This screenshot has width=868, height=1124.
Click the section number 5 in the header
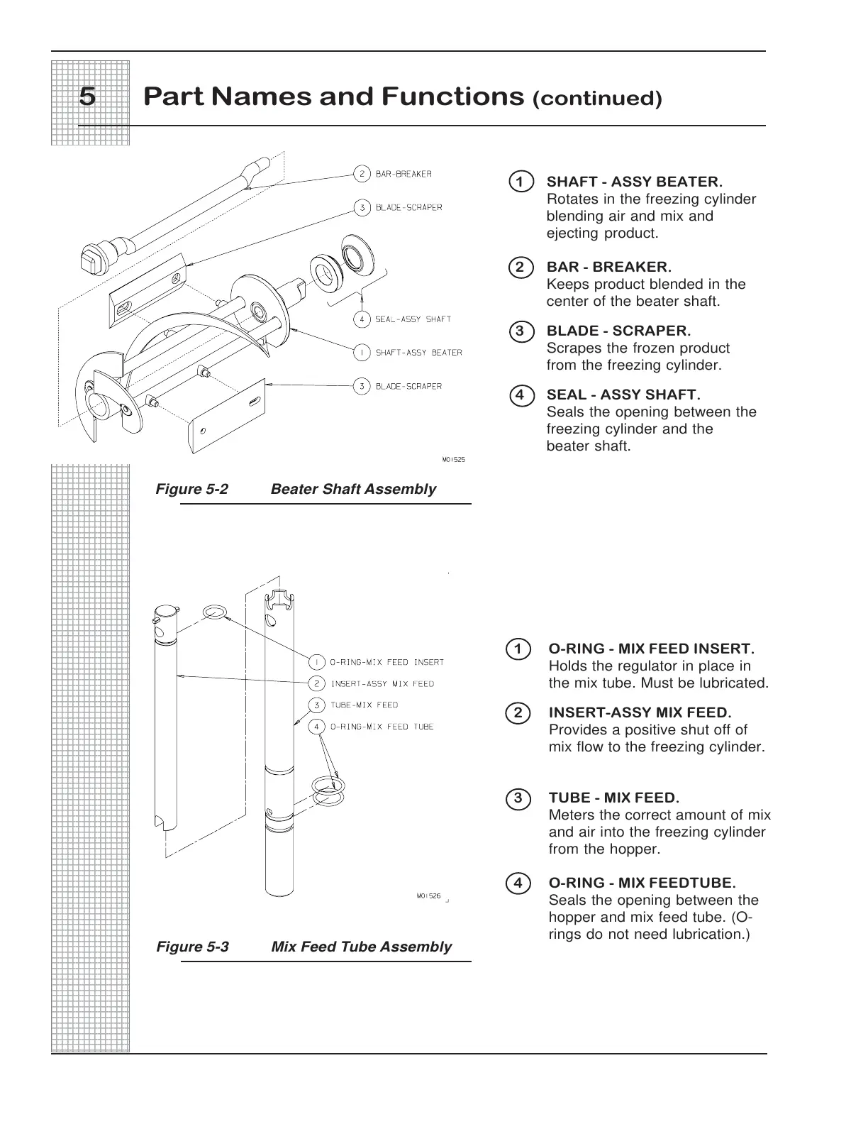pos(87,97)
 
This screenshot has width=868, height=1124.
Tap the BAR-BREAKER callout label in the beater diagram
pos(403,174)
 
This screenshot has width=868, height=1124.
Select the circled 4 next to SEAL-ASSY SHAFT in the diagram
pos(362,319)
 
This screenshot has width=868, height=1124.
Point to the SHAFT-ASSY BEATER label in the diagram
pos(418,353)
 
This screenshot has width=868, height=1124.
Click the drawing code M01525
pos(453,459)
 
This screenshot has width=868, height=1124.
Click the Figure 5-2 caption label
pos(192,489)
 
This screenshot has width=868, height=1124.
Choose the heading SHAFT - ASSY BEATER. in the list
pos(634,182)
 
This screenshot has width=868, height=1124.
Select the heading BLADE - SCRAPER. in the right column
pos(618,331)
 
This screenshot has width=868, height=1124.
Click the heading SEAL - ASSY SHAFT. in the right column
pos(623,395)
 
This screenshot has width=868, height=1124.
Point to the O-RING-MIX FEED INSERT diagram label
pos(387,662)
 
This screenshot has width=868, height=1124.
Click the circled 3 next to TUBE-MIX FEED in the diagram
pos(317,705)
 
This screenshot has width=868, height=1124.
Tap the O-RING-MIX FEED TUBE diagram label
pos(382,727)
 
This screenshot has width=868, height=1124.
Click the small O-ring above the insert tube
pos(214,612)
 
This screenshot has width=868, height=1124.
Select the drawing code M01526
pos(428,896)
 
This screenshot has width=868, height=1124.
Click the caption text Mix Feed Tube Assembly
pos(361,947)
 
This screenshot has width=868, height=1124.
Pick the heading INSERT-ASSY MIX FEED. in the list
pos(640,712)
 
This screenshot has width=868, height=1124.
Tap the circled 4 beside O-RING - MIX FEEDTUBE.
pos(518,883)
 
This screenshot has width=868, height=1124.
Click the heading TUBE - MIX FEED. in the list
pos(613,798)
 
